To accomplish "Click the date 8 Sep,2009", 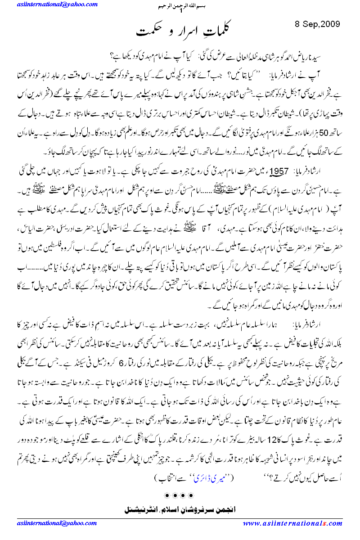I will coord(317,23).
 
